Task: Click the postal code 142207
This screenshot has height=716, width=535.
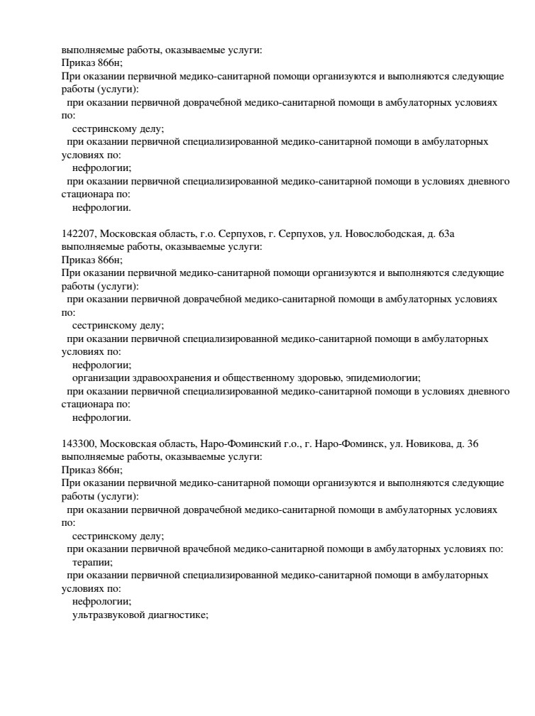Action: pos(77,233)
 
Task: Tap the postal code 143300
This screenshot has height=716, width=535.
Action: pos(77,444)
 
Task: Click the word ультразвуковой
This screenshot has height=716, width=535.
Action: pos(105,615)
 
